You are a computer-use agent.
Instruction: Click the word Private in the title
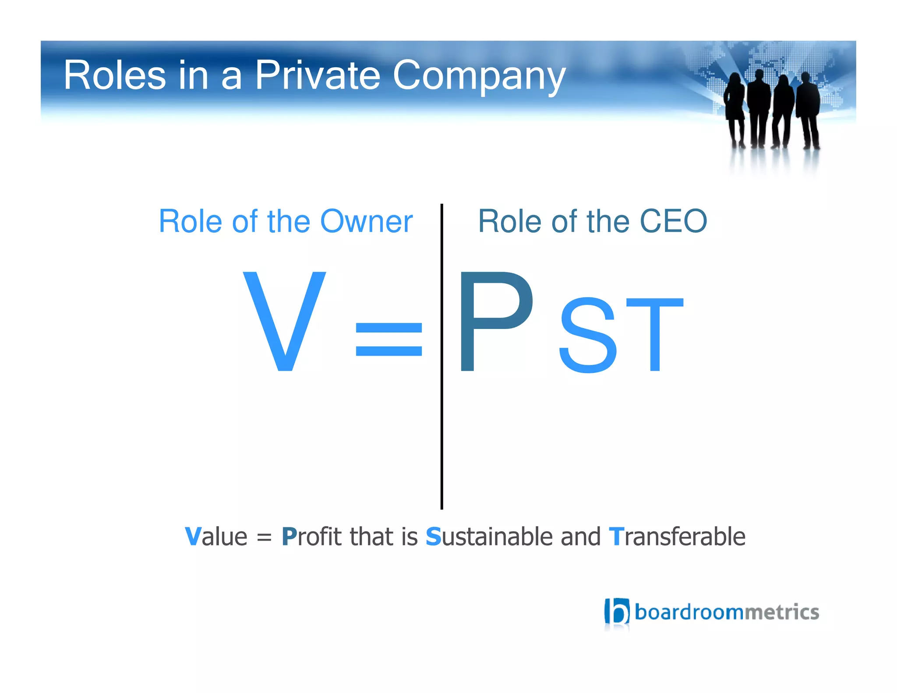point(317,75)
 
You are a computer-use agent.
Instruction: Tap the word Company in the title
point(479,75)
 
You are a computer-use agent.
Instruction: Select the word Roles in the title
point(115,75)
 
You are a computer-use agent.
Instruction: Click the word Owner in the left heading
point(366,221)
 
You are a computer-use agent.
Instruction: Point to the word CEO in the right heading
point(673,221)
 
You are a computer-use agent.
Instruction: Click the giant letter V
point(285,321)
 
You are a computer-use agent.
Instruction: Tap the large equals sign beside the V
point(388,339)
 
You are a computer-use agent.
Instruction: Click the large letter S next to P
point(588,335)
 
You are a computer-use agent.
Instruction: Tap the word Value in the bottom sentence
point(216,537)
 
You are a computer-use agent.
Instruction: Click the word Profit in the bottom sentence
point(311,537)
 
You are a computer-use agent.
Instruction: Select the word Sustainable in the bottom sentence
point(489,537)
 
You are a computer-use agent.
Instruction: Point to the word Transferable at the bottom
point(677,537)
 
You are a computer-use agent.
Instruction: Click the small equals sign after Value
point(264,537)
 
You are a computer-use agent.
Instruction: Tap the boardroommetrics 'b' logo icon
point(617,611)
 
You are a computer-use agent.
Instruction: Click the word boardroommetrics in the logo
point(726,612)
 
